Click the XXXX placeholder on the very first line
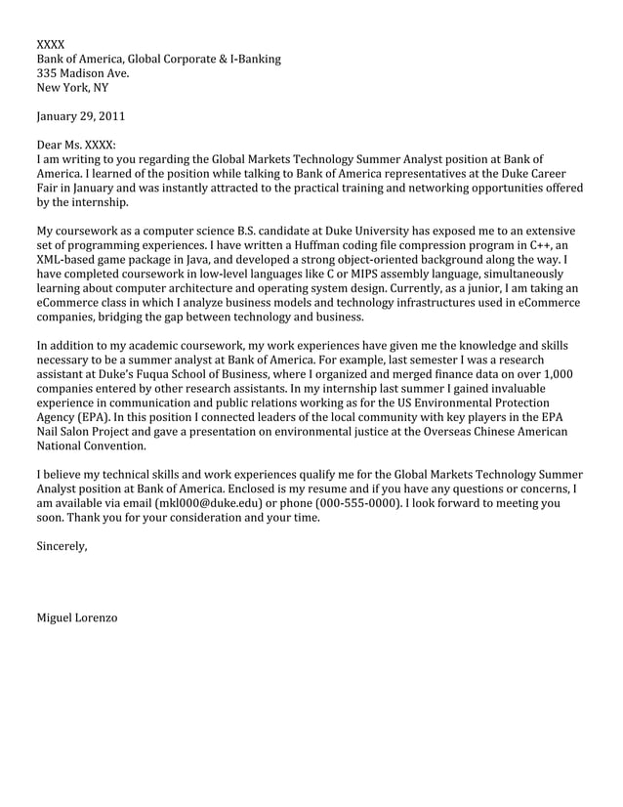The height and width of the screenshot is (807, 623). pyautogui.click(x=51, y=45)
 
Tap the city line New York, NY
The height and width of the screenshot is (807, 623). pyautogui.click(x=72, y=88)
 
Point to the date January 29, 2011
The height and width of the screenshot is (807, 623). pyautogui.click(x=80, y=117)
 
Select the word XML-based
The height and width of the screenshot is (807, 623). pyautogui.click(x=68, y=261)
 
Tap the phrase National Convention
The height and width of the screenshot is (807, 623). pyautogui.click(x=92, y=446)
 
